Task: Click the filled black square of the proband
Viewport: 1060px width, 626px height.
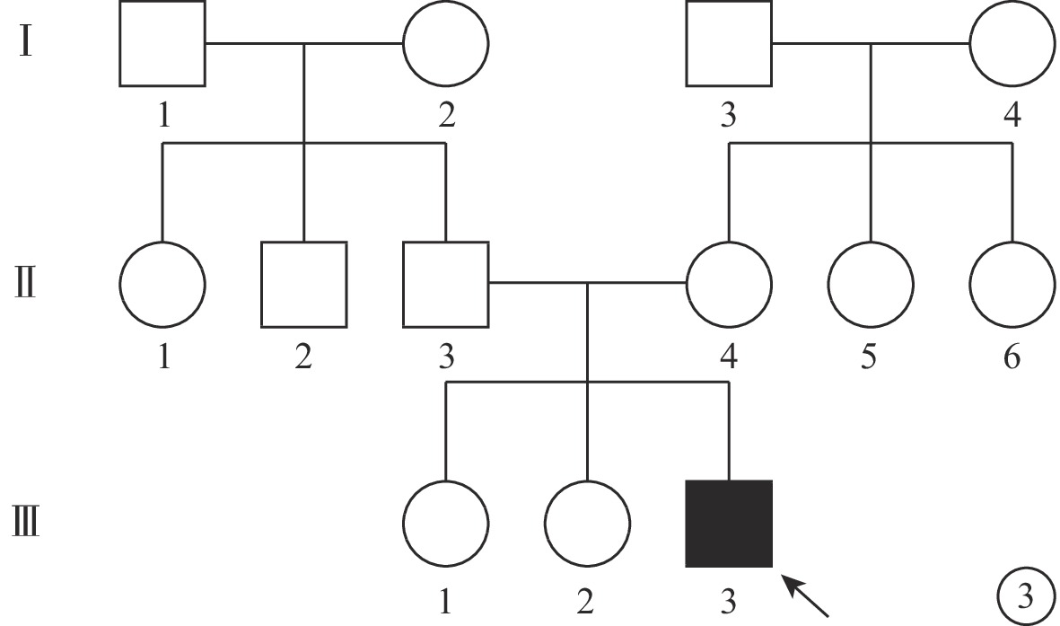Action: [x=729, y=524]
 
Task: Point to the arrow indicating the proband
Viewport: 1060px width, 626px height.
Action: [x=805, y=595]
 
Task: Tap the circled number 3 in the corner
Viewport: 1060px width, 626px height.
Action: [x=1026, y=597]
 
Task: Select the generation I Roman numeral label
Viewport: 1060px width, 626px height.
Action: [x=26, y=42]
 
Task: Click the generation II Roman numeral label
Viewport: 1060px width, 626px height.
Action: [x=25, y=284]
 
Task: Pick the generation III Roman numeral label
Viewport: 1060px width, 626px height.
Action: [x=26, y=523]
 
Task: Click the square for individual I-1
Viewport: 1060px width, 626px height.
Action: [x=162, y=44]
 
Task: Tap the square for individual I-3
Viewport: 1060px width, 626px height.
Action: [x=729, y=44]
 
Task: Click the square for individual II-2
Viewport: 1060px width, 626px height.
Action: [x=304, y=284]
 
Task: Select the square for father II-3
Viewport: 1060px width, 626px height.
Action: [x=445, y=284]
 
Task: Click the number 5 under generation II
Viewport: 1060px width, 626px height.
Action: [x=870, y=356]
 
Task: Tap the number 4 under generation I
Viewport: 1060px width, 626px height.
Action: [x=1012, y=114]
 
